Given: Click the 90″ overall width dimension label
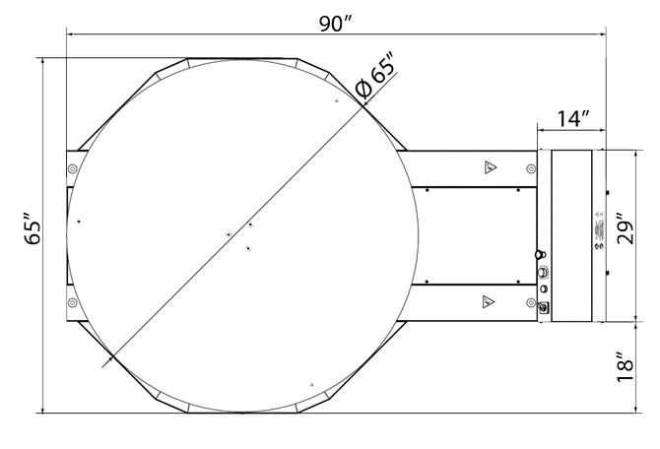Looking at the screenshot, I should point(335,23).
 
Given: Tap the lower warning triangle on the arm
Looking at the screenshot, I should point(488,299).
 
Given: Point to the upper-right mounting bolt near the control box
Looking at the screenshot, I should point(533,168).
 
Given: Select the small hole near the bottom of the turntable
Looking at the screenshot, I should point(311,384).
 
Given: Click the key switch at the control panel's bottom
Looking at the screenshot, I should point(542,307).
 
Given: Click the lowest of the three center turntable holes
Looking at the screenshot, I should point(249,248).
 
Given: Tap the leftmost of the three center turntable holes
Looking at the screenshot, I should point(229,234).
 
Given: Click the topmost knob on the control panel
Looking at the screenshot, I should point(539,254).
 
